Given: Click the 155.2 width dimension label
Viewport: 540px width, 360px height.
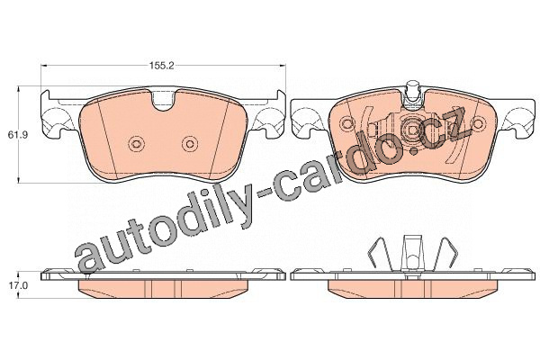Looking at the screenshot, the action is pos(162,66).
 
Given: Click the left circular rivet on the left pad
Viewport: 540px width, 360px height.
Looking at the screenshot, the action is pos(136,144).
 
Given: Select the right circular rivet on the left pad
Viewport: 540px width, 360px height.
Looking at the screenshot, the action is pos(190,144).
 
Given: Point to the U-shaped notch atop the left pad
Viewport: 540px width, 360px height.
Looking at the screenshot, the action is pos(164,101).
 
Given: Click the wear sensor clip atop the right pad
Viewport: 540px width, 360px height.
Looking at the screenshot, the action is pos(413,93).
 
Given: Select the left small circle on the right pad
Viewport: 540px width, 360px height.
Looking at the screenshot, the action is pos(346,123).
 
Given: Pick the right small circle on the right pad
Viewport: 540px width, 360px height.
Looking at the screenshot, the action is pos(479,123).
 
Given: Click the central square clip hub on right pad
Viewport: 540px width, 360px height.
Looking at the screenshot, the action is pos(413,130).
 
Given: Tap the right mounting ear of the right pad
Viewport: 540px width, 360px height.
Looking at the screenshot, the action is pos(520,119).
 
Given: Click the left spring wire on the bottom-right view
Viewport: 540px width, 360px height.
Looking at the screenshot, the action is pos(380,254).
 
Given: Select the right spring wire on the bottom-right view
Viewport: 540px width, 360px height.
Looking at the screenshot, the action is pos(445,254).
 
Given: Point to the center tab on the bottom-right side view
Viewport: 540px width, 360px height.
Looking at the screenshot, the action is pos(412,253).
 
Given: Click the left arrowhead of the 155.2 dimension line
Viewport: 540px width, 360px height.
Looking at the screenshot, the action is pos(44,66).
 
